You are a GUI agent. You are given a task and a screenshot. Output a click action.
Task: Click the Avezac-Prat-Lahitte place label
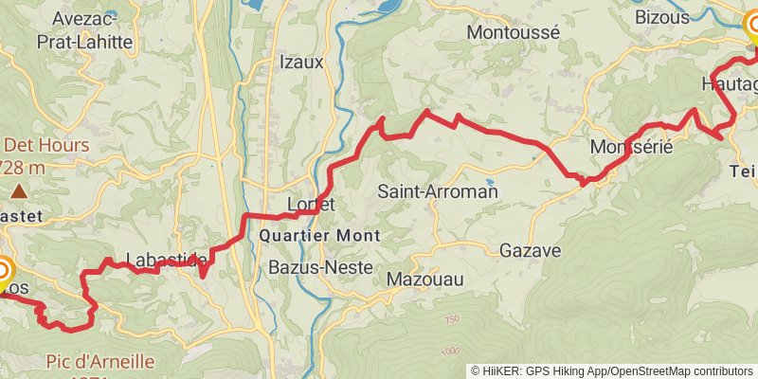[81, 29]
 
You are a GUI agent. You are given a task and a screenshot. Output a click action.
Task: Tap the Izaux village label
[301, 63]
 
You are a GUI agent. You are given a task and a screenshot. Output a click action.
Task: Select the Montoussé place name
[514, 31]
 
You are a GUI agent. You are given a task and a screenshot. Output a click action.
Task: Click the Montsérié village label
[630, 148]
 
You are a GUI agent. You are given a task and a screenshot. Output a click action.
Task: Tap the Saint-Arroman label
[438, 191]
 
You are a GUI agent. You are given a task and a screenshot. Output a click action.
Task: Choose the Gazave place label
[531, 251]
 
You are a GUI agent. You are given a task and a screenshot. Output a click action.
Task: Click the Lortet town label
[310, 204]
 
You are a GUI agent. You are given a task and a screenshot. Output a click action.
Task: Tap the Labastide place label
[166, 260]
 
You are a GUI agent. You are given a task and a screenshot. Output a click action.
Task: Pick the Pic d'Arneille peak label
[99, 362]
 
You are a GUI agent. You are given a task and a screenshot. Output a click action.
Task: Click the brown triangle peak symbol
[19, 191]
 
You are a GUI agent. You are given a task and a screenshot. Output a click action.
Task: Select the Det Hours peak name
[46, 146]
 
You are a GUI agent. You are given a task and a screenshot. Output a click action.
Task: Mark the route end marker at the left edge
[3, 273]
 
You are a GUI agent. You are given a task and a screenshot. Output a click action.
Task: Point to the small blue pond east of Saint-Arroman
[489, 181]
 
